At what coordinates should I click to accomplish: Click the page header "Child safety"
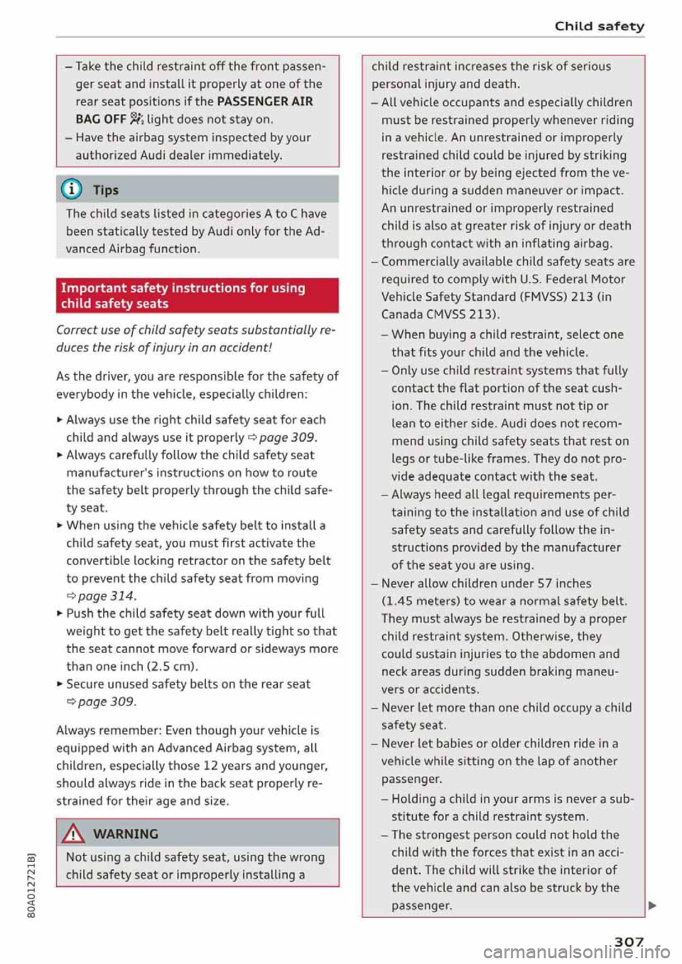[x=599, y=26]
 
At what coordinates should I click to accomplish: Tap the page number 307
[x=629, y=941]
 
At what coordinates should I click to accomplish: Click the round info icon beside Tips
[x=74, y=190]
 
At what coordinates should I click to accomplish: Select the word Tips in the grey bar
[x=106, y=190]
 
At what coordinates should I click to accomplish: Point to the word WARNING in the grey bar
[x=126, y=834]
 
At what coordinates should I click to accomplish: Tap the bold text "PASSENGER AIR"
[x=265, y=102]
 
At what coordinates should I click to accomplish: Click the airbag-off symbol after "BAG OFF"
[x=136, y=119]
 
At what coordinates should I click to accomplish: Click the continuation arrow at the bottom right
[x=651, y=906]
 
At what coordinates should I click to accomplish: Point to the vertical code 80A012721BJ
[x=32, y=887]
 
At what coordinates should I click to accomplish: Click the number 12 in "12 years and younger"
[x=210, y=766]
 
